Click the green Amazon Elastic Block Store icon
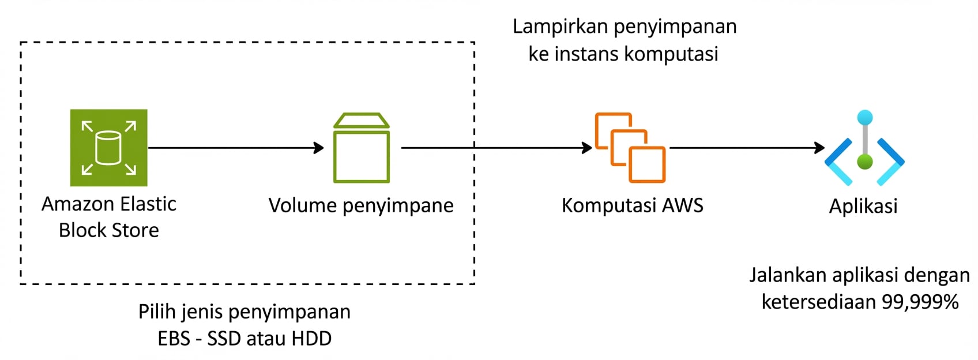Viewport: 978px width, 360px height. click(108, 148)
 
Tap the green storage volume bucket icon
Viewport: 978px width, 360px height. click(362, 148)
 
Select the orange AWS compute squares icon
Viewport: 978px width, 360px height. click(630, 148)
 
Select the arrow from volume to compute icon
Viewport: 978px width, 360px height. click(496, 148)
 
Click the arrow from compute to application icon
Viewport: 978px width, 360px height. click(747, 148)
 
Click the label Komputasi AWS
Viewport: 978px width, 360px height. click(632, 206)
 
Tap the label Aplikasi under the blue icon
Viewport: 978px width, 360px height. click(863, 206)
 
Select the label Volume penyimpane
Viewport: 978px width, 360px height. click(361, 206)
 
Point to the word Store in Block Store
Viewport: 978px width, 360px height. click(136, 230)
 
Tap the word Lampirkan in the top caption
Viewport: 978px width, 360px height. click(560, 27)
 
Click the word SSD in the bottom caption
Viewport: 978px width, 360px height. click(224, 339)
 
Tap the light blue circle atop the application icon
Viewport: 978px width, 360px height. click(864, 118)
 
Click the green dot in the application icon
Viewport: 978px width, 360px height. click(864, 162)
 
